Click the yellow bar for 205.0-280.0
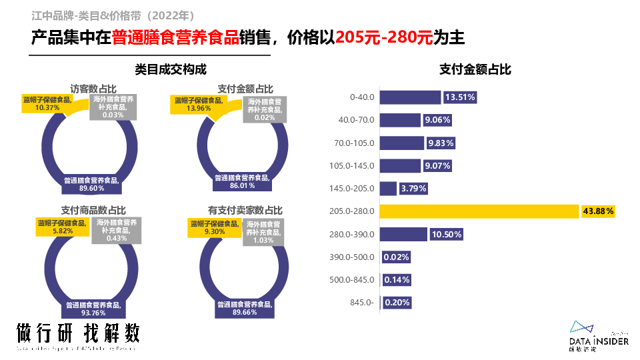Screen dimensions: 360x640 [479, 211]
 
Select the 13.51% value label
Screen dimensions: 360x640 [459, 97]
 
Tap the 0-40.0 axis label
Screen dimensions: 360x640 [362, 97]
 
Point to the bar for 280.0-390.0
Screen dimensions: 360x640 [403, 234]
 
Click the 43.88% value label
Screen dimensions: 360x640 [598, 211]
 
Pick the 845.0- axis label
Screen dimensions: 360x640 [362, 303]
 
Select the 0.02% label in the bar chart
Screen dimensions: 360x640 [397, 257]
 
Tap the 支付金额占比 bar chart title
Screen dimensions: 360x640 [475, 69]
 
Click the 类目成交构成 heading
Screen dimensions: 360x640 [171, 69]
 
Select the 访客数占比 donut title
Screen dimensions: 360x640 [93, 89]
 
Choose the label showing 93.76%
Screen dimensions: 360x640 [93, 309]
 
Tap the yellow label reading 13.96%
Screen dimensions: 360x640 [198, 104]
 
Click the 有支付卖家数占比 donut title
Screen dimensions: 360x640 [245, 210]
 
